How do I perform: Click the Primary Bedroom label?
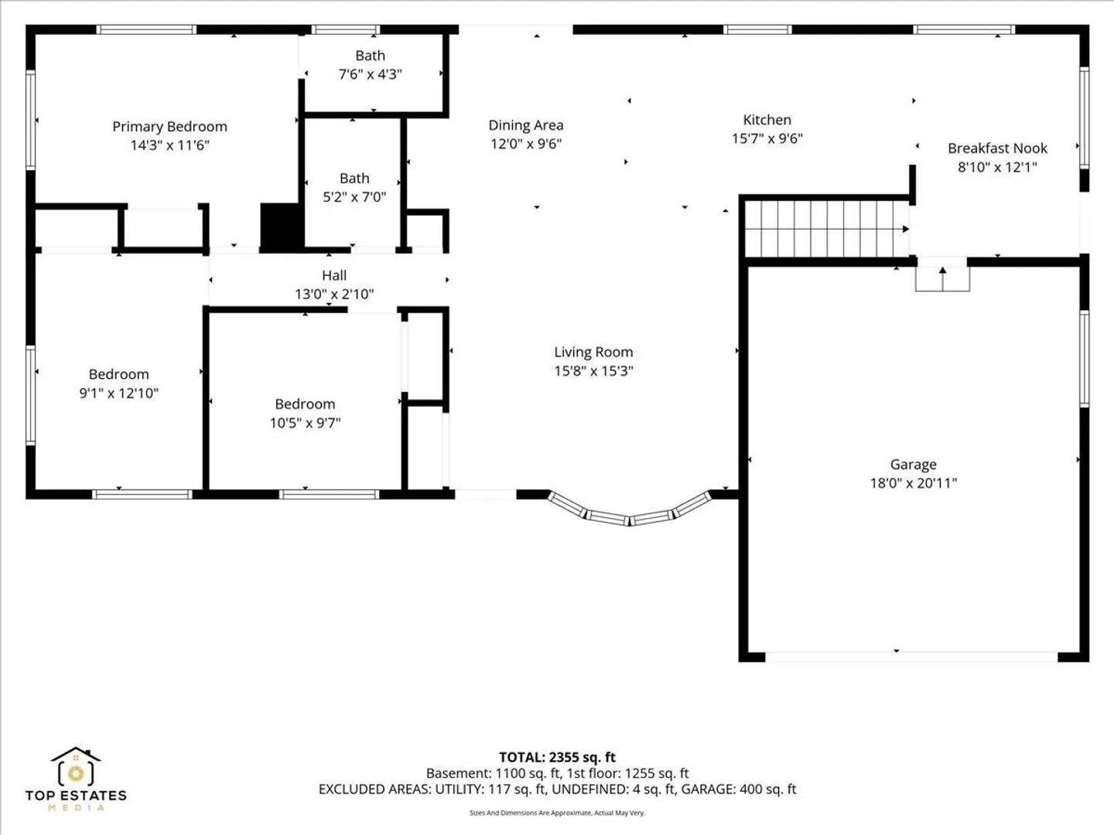(x=169, y=126)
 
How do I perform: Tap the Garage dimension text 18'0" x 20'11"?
(x=914, y=482)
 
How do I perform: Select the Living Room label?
(x=593, y=352)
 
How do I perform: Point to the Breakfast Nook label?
(x=997, y=148)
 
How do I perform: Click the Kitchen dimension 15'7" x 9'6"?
(x=767, y=138)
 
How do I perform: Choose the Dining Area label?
(x=526, y=125)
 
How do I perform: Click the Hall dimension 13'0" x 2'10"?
(x=334, y=294)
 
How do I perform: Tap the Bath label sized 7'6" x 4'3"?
(x=370, y=55)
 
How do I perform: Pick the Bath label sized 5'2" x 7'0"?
(x=354, y=179)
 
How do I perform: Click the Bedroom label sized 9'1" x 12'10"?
(x=119, y=374)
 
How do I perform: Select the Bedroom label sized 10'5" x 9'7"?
(x=305, y=404)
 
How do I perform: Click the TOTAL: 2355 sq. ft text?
(x=557, y=758)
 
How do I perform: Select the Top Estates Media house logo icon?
(x=76, y=766)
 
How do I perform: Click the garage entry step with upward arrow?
(x=942, y=278)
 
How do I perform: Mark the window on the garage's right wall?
(x=1084, y=359)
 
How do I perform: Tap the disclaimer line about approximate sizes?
(x=557, y=813)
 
